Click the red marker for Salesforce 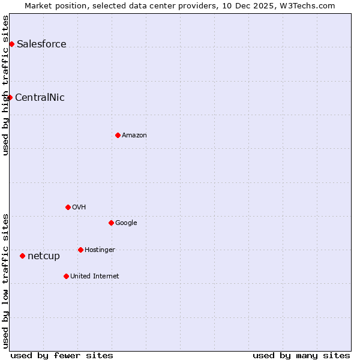pos(11,44)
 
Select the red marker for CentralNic pos(10,97)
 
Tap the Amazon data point pos(118,135)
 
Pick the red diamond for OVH pos(68,207)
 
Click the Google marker pos(111,223)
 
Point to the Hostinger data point pos(80,250)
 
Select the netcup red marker pos(22,256)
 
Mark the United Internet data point pos(66,276)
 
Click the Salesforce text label pos(41,44)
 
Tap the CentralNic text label pos(40,97)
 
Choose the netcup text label pos(44,256)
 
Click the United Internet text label pos(94,276)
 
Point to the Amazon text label pos(134,135)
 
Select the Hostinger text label pos(100,250)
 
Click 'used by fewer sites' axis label pos(62,355)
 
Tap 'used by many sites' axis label pos(301,355)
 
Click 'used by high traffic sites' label pos(5,85)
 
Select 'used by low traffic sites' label pos(5,280)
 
